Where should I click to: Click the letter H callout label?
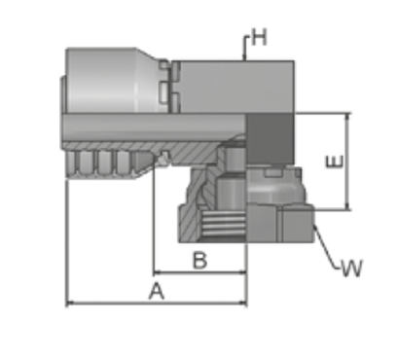click(x=259, y=37)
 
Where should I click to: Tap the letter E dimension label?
click(x=334, y=162)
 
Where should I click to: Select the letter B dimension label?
click(x=199, y=260)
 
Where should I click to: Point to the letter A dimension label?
click(x=157, y=291)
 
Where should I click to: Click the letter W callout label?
click(x=352, y=269)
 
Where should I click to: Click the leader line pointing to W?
click(x=326, y=247)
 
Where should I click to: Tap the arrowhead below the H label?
click(x=244, y=57)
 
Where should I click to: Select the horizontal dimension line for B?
click(x=200, y=272)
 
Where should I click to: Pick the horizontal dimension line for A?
click(x=157, y=304)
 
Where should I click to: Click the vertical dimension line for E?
click(x=347, y=162)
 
